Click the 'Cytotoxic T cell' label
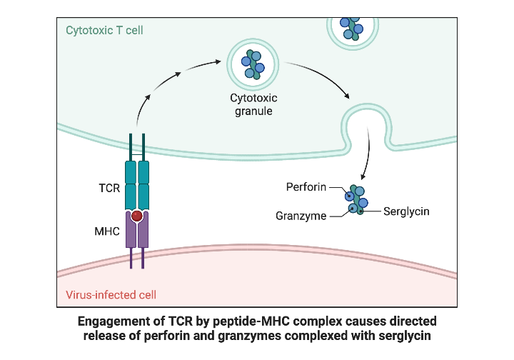pyautogui.click(x=104, y=31)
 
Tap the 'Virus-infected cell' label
pyautogui.click(x=111, y=294)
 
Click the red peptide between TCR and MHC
pyautogui.click(x=137, y=216)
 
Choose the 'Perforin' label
pyautogui.click(x=306, y=187)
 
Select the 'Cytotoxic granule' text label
pyautogui.click(x=253, y=104)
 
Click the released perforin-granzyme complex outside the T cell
pyautogui.click(x=355, y=199)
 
